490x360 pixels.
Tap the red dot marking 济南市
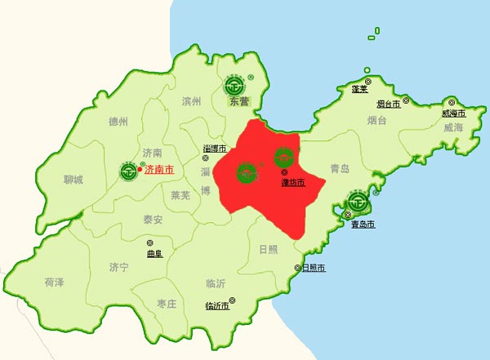(x=140, y=170)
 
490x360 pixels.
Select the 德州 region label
(x=118, y=122)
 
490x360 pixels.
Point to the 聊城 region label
(x=73, y=180)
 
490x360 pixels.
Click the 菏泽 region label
(x=55, y=282)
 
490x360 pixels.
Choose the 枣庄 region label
(x=167, y=304)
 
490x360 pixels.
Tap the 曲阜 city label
(x=154, y=253)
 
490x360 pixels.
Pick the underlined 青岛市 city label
(x=362, y=224)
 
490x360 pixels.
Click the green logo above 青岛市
(x=357, y=201)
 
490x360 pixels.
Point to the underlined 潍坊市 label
(x=292, y=182)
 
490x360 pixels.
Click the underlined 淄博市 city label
(x=215, y=148)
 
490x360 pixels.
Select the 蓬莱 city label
(x=359, y=88)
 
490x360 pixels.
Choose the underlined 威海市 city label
(x=453, y=113)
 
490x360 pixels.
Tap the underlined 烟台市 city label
(x=389, y=104)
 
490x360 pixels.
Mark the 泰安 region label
(x=153, y=220)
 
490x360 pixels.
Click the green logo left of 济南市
(x=129, y=170)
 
